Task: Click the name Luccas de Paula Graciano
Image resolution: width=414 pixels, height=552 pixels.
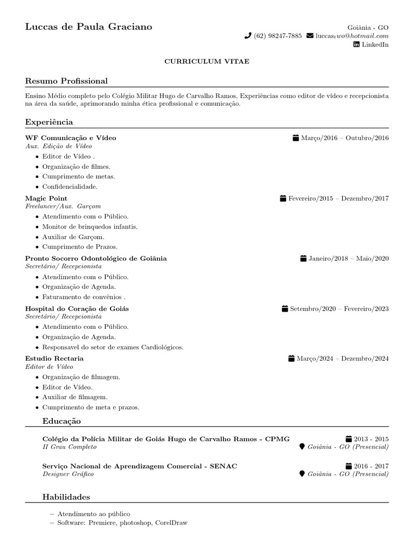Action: pos(88,26)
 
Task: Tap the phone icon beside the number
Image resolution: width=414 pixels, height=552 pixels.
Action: pos(248,36)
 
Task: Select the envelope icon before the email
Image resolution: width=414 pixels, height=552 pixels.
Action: pos(309,36)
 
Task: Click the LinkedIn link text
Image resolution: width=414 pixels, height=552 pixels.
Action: pos(374,45)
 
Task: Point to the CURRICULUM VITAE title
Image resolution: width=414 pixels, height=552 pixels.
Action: pos(206,61)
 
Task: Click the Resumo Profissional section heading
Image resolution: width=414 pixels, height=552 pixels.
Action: pos(66,81)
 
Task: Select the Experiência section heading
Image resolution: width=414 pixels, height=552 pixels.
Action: pos(49,122)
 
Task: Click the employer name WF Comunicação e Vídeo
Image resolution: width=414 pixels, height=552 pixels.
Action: pos(71,138)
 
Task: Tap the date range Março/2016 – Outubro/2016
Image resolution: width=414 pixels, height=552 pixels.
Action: pos(344,138)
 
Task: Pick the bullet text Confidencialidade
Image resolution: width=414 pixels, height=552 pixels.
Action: pos(70,187)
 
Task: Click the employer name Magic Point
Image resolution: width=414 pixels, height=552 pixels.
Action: pos(46,198)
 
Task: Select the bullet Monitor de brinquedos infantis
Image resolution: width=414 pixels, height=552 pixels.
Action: pos(90,226)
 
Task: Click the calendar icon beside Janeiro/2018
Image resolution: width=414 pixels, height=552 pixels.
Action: pos(303,259)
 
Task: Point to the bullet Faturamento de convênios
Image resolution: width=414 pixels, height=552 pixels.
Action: pos(84,296)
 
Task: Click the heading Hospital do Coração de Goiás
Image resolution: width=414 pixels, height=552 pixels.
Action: pos(77,309)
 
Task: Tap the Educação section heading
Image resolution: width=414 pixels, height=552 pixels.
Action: pos(61,420)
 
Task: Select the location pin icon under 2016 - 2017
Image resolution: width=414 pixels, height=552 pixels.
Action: pos(302,474)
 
